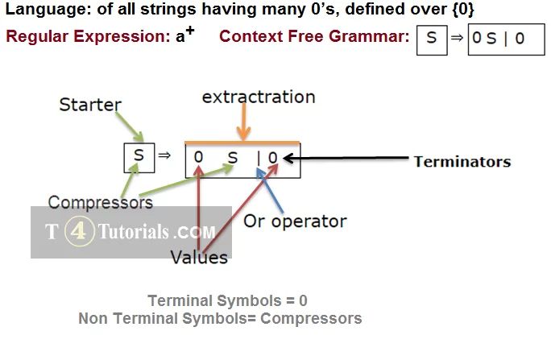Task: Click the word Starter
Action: click(x=91, y=104)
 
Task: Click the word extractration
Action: click(x=259, y=97)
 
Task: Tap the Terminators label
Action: click(x=462, y=161)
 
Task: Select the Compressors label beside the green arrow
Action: click(x=100, y=201)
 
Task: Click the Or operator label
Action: click(x=295, y=221)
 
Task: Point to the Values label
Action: click(x=199, y=258)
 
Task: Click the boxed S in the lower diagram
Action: click(x=139, y=156)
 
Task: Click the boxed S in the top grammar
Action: click(x=432, y=39)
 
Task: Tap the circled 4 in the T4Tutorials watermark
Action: click(x=79, y=232)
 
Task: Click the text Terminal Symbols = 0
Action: click(x=227, y=300)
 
